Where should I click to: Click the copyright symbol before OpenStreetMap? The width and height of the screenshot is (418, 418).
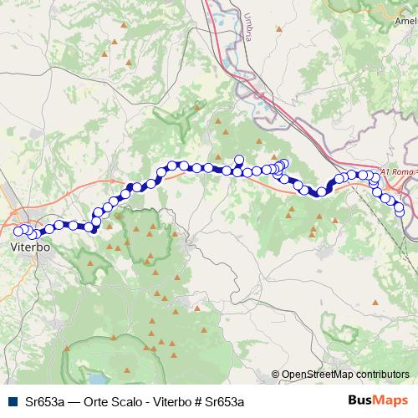click(275, 375)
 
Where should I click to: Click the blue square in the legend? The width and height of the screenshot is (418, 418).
click(12, 401)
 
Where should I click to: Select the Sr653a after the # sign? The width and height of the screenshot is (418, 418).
click(224, 401)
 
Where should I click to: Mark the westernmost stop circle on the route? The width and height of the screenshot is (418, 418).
click(18, 230)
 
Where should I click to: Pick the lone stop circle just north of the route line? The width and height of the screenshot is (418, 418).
click(239, 159)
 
